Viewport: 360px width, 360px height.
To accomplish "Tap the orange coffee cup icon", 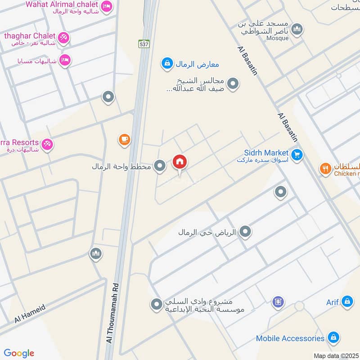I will tap(125, 140).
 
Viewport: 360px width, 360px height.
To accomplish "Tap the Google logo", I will tap(19, 353).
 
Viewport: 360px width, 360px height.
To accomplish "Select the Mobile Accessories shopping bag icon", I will tap(333, 338).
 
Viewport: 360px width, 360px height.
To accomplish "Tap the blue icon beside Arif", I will tap(347, 302).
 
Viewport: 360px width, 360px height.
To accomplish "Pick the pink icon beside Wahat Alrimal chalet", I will tap(107, 6).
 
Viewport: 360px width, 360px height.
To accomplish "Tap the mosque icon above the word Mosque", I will tap(297, 30).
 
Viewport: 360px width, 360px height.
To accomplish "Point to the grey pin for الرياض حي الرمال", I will tap(245, 232).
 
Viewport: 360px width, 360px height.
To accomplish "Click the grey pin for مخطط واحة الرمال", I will tap(159, 166).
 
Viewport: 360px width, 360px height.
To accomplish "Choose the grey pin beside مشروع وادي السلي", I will tap(156, 305).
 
